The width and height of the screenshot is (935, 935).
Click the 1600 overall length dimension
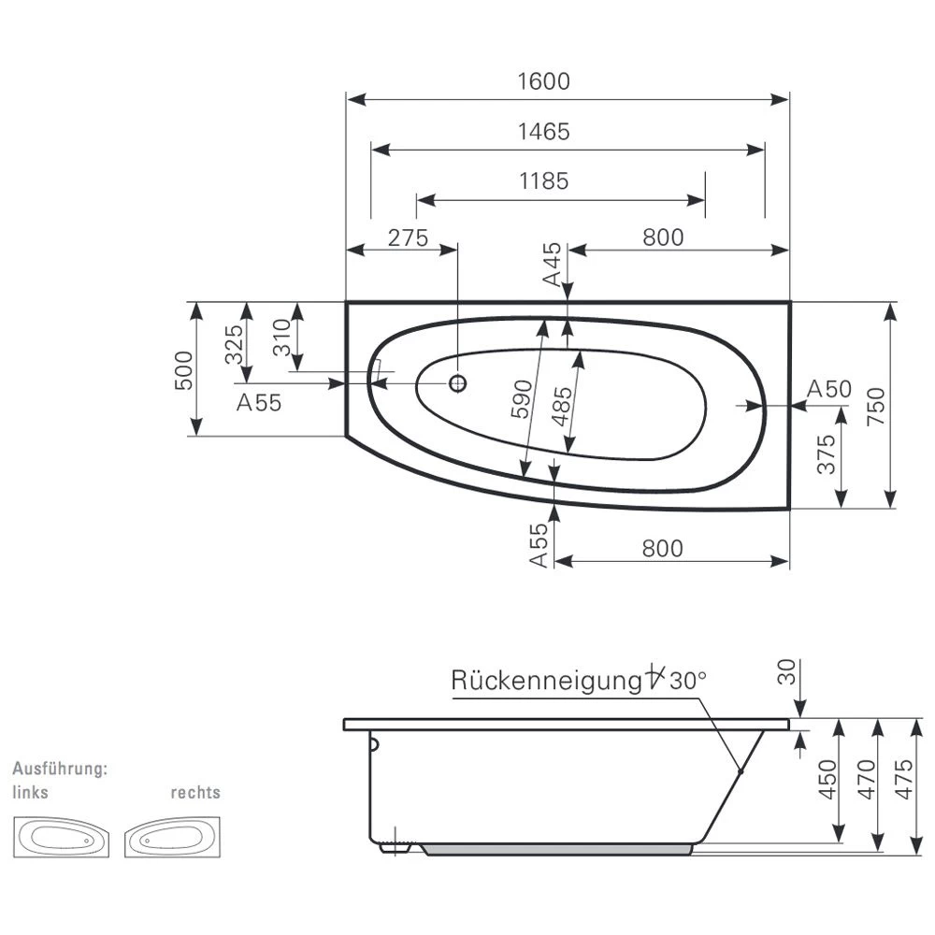(543, 81)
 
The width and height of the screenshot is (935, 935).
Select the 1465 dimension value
(543, 132)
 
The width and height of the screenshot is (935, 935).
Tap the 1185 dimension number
(543, 180)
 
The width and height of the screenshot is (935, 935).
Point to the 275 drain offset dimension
(408, 237)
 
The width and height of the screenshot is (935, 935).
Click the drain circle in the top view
(457, 382)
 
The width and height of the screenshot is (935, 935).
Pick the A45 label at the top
(553, 264)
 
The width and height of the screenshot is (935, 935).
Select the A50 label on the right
(828, 389)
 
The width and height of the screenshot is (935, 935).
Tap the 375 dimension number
(826, 454)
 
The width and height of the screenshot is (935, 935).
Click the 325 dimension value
(235, 343)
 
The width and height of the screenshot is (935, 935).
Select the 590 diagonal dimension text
(523, 399)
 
